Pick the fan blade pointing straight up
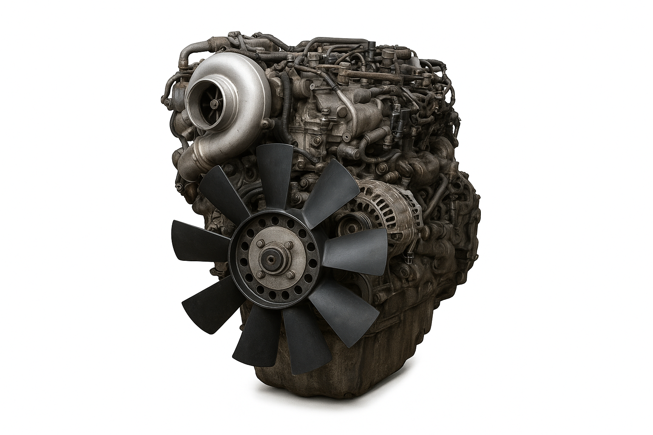(x=275, y=174)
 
